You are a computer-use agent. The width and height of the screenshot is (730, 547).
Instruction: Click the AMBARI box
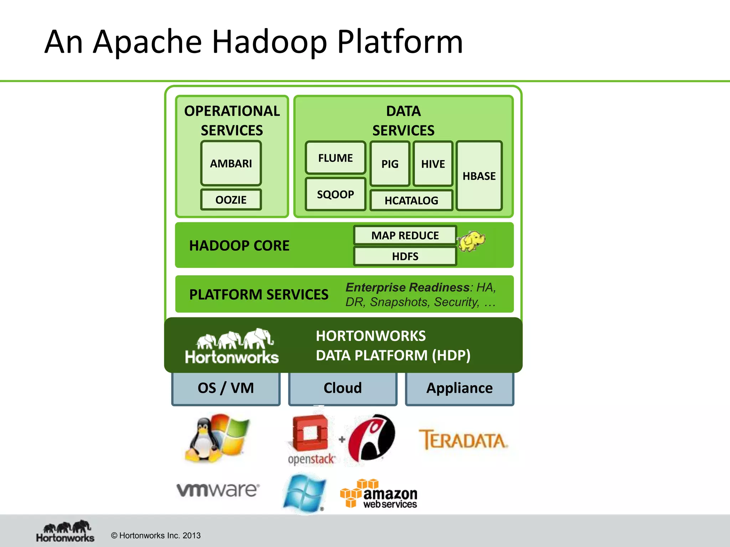(x=231, y=163)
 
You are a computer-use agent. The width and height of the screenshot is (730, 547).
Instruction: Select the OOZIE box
(x=231, y=199)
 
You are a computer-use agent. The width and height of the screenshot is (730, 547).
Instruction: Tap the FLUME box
(x=335, y=157)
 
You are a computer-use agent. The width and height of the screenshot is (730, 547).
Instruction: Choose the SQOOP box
(x=335, y=194)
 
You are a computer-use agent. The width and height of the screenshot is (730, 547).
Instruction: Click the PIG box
(x=390, y=164)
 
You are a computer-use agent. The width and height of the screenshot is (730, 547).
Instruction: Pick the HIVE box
(x=433, y=164)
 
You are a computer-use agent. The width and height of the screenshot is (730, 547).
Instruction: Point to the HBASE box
(x=479, y=176)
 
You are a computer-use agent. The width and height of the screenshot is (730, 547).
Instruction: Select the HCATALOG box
(x=411, y=200)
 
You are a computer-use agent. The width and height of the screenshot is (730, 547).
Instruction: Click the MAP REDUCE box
(x=405, y=235)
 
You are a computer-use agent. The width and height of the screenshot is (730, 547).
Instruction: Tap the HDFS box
(x=405, y=256)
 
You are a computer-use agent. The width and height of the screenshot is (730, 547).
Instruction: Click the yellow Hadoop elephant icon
(x=472, y=241)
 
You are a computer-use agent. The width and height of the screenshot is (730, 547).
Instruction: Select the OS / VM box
(x=226, y=388)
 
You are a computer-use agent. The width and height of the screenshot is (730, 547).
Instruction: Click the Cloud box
(x=343, y=388)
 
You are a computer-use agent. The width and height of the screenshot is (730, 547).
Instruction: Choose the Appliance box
(x=459, y=388)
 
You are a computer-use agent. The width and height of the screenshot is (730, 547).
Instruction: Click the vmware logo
(x=218, y=490)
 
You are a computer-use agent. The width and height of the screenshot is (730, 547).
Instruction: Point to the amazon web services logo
(x=379, y=494)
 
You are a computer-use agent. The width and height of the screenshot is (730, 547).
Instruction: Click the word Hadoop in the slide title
(x=269, y=42)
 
